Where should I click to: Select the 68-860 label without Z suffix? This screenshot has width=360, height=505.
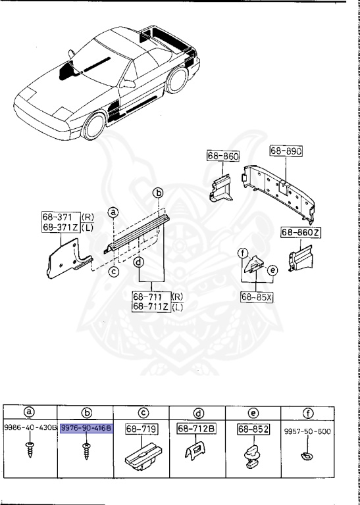pos(222,156)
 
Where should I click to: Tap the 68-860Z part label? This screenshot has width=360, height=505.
pos(301,233)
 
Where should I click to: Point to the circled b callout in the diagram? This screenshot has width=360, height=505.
pos(157,193)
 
